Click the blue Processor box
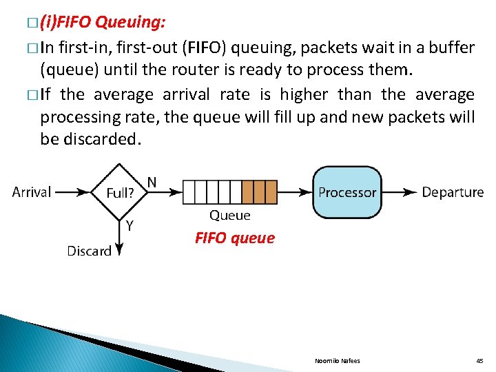coord(347,192)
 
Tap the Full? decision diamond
coord(120,192)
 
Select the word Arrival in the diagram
coord(32,192)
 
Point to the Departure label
coord(453,192)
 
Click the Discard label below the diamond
coord(89,251)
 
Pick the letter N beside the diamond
coord(152,183)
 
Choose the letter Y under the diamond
coord(129,226)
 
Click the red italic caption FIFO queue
coord(234,238)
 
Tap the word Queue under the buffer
coord(229,216)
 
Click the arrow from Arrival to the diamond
coord(73,192)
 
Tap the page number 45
coord(479,360)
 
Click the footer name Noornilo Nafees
coord(337,360)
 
